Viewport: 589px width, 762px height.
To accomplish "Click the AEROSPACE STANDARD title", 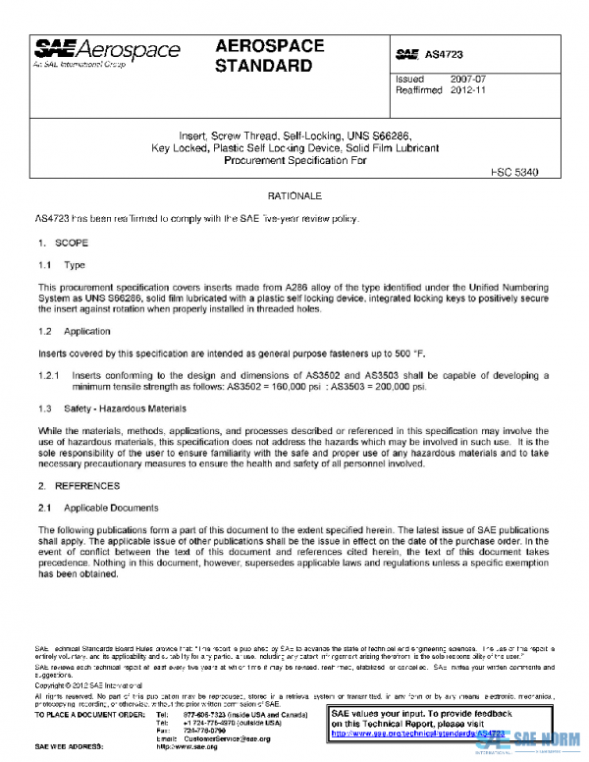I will [x=264, y=57].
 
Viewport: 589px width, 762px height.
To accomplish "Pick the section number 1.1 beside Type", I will [x=45, y=265].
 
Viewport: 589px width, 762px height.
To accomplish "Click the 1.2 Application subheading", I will [x=67, y=332].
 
